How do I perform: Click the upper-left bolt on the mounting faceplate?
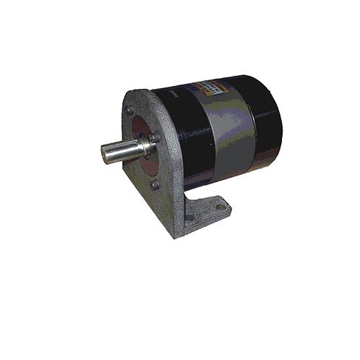[129, 110]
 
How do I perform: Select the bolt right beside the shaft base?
[153, 138]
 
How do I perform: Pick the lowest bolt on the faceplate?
[154, 185]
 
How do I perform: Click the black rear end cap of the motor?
[267, 123]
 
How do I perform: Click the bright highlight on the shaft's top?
[127, 145]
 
